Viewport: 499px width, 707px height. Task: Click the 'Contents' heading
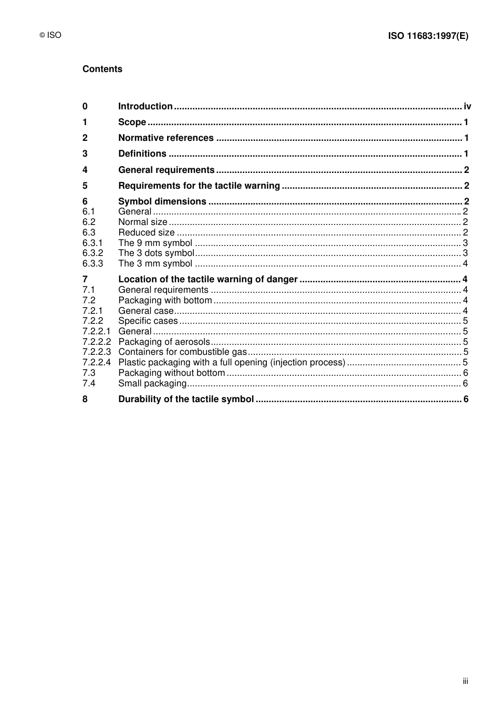pyautogui.click(x=102, y=69)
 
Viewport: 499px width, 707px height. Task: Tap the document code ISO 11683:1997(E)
pyautogui.click(x=428, y=36)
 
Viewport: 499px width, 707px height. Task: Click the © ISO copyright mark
pyautogui.click(x=50, y=36)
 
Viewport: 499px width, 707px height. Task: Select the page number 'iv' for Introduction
pyautogui.click(x=467, y=107)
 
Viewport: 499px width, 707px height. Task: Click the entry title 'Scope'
pyautogui.click(x=132, y=122)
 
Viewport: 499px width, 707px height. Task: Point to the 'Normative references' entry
pyautogui.click(x=165, y=138)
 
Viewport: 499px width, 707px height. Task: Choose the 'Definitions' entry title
pyautogui.click(x=142, y=154)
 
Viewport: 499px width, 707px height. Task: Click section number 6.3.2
pyautogui.click(x=92, y=253)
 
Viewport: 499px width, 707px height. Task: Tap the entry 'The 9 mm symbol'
pyautogui.click(x=155, y=243)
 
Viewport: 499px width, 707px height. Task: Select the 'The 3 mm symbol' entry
pyautogui.click(x=155, y=264)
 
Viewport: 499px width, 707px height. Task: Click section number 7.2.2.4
pyautogui.click(x=97, y=363)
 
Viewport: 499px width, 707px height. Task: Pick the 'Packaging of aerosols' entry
pyautogui.click(x=164, y=342)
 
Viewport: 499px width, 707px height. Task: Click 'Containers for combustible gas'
pyautogui.click(x=182, y=352)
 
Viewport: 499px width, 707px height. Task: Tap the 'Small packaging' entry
pyautogui.click(x=152, y=384)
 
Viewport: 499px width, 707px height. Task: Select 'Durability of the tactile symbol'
pyautogui.click(x=186, y=399)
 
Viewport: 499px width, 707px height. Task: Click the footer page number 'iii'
pyautogui.click(x=465, y=681)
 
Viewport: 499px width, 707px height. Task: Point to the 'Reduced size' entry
pyautogui.click(x=146, y=233)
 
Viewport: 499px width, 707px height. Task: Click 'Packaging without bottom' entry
pyautogui.click(x=171, y=373)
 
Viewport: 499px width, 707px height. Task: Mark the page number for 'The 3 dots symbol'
pyautogui.click(x=465, y=253)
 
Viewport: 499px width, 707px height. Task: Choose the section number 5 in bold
pyautogui.click(x=85, y=186)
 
